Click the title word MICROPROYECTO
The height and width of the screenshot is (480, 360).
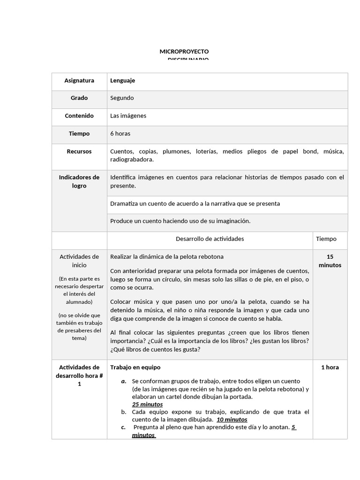tap(184, 51)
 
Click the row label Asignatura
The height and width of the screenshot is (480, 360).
tap(79, 81)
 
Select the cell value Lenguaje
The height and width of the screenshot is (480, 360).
tap(122, 81)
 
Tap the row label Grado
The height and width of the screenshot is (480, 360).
tap(79, 98)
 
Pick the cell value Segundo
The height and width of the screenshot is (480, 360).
tap(122, 98)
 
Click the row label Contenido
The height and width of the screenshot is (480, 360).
tap(79, 116)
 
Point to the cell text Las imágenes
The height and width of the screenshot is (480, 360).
tap(128, 116)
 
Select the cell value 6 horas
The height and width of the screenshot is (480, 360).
tap(120, 134)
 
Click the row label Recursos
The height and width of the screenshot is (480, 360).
tap(79, 152)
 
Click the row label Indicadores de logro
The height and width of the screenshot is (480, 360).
tap(79, 181)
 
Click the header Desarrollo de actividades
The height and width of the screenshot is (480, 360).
tap(210, 239)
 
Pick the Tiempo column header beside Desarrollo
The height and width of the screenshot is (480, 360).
tap(326, 239)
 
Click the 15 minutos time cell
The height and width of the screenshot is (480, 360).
tap(330, 261)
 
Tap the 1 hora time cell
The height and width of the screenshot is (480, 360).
tap(330, 367)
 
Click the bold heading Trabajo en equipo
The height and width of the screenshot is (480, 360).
tap(135, 367)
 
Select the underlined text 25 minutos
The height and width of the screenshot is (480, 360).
tap(147, 405)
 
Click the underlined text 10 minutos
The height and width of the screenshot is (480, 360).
tap(232, 420)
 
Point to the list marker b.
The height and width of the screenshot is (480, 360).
tap(124, 412)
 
